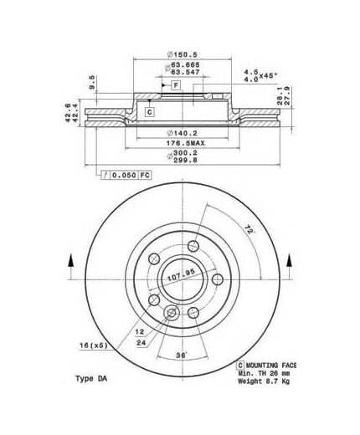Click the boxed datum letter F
pos(177,86)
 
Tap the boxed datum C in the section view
pos(150,111)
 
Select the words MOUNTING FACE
pos(273,366)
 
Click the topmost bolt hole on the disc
pos(193,246)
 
